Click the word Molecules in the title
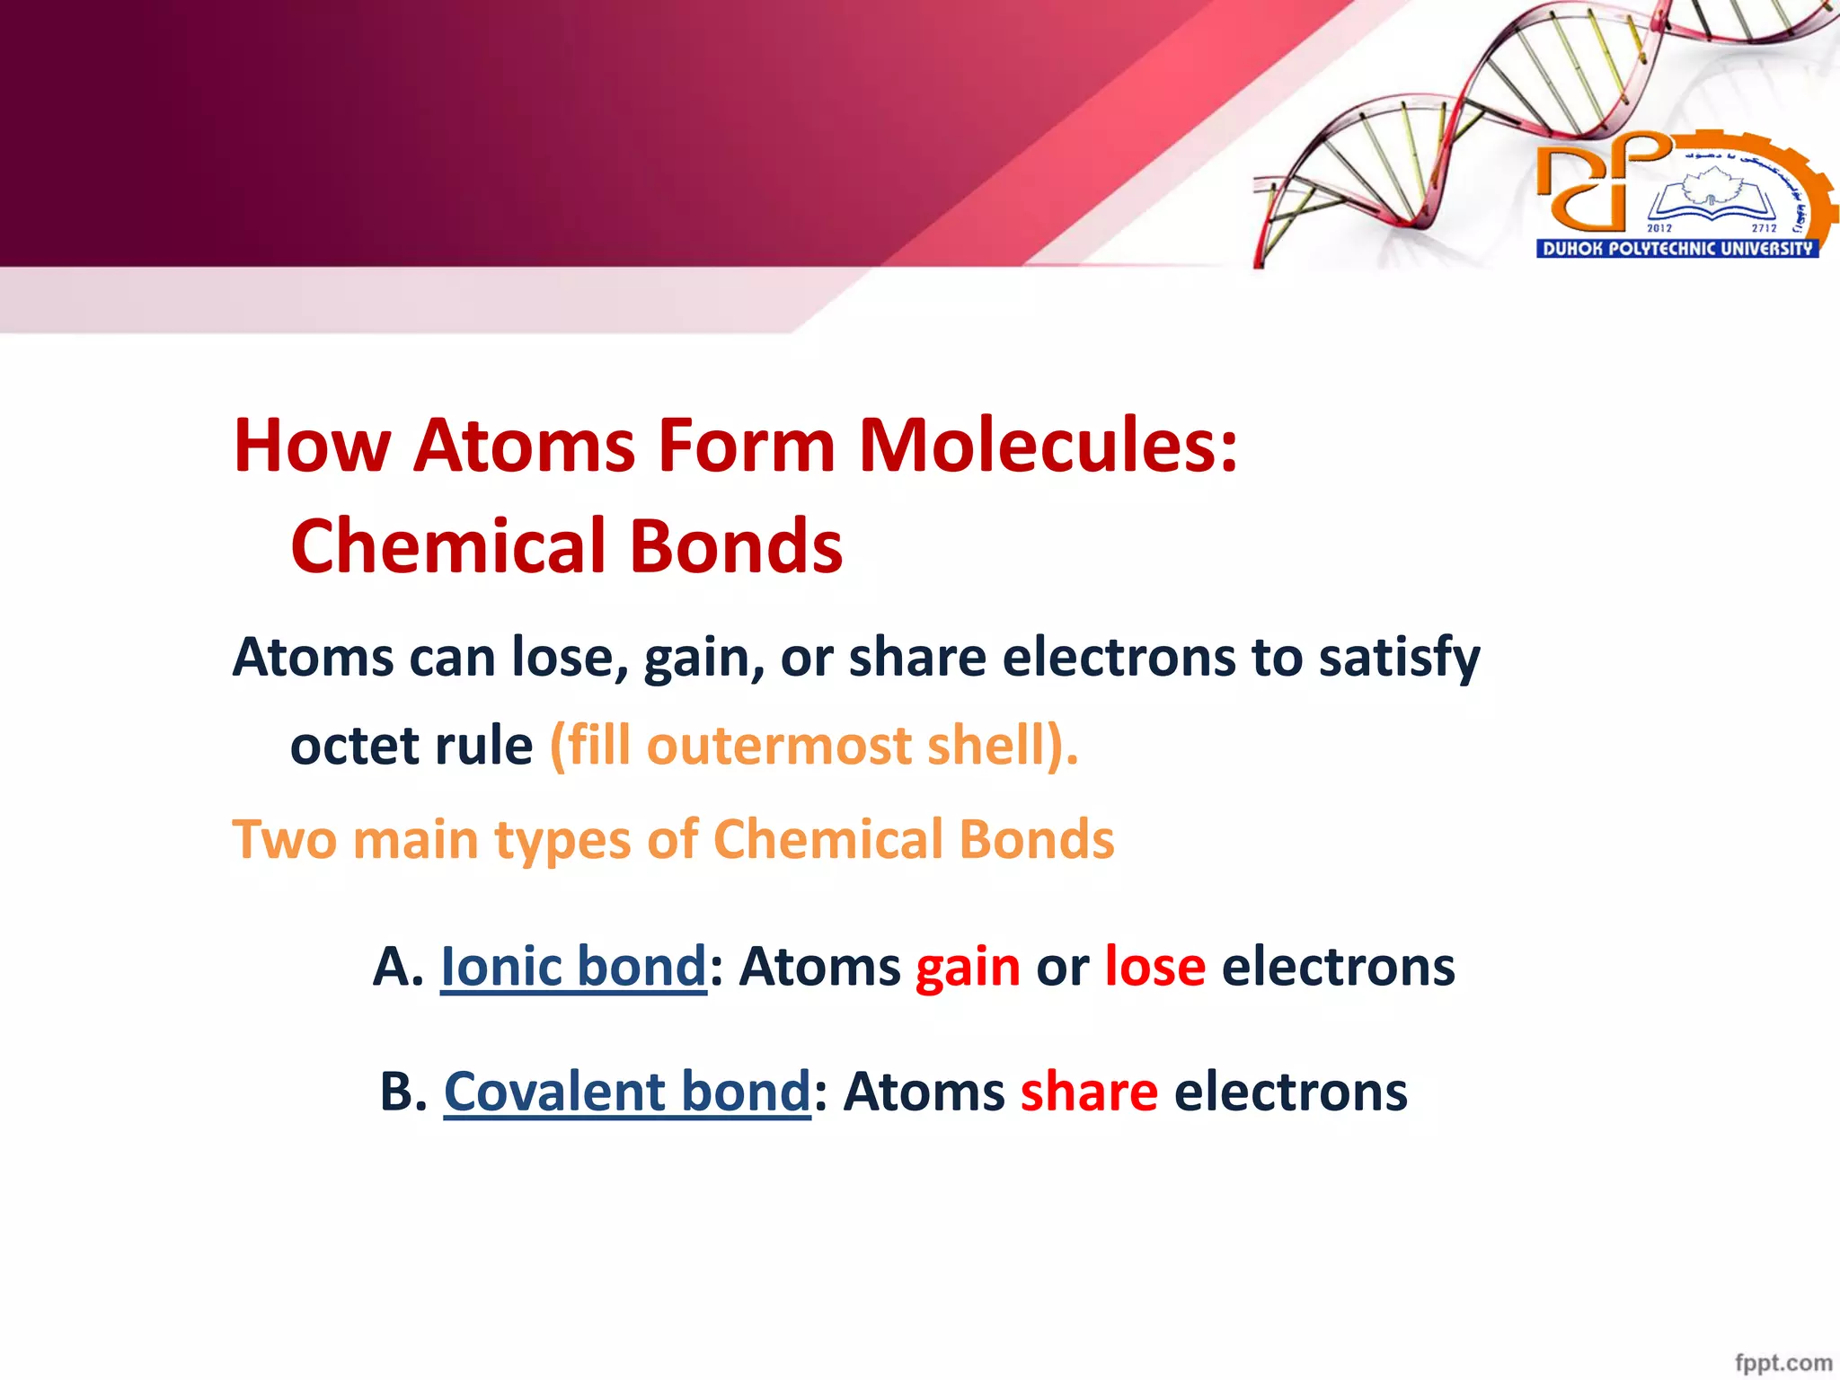1048,446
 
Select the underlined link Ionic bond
573,968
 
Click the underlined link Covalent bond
627,1092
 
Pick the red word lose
1154,968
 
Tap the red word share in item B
1089,1092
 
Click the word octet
354,746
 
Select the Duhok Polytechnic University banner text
1676,249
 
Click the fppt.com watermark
1782,1362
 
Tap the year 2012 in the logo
1659,228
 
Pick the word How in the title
312,446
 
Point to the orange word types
563,840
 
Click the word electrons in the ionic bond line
1338,968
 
